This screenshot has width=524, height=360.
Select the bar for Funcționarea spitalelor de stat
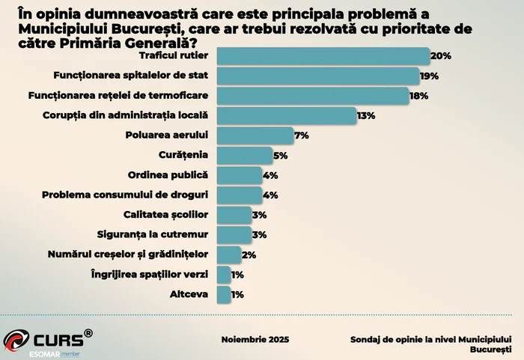coord(317,76)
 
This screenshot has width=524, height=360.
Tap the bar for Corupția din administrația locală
coord(286,115)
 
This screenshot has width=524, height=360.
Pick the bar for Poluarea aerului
coord(255,135)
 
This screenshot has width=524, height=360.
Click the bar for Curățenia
coord(244,155)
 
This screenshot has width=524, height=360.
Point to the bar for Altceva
coord(223,294)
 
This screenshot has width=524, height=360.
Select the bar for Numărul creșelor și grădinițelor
coord(228,254)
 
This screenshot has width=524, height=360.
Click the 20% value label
coord(441,57)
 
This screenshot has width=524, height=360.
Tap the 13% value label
coord(365,116)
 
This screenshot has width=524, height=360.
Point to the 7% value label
coord(302,135)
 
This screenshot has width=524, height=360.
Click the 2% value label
coord(249,255)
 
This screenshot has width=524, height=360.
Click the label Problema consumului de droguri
coord(125,195)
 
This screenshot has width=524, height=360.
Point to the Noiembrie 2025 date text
coord(255,339)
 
